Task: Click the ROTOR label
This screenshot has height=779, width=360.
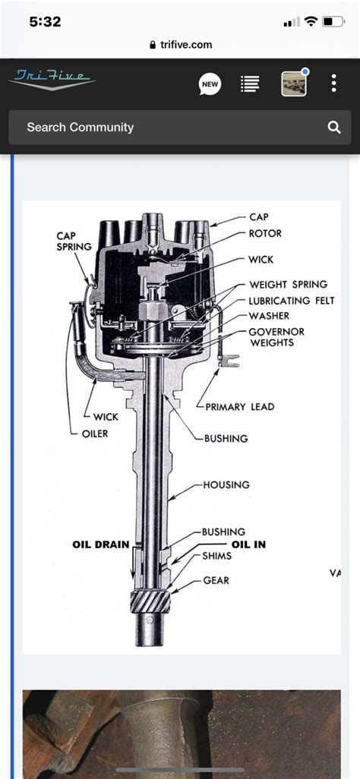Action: [x=265, y=234]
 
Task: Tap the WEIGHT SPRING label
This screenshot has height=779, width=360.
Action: [x=289, y=285]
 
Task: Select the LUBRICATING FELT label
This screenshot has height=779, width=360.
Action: [x=292, y=301]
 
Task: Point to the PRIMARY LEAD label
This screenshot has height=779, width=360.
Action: [x=240, y=407]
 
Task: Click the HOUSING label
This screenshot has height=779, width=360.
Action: [x=226, y=484]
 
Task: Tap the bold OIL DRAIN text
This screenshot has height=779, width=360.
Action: [x=101, y=544]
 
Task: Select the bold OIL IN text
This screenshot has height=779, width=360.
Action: [x=248, y=544]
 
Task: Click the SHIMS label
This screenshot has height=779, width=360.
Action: [x=216, y=556]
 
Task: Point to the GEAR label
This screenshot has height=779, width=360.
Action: [x=216, y=580]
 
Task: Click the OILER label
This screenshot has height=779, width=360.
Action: [x=95, y=434]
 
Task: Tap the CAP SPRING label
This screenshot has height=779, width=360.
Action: [x=74, y=241]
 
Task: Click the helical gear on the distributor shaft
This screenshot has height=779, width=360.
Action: [x=150, y=603]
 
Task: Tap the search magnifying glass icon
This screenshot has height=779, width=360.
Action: [x=334, y=128]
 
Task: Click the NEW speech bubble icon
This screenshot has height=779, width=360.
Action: [x=210, y=84]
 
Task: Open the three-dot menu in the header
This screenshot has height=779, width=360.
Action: [x=333, y=83]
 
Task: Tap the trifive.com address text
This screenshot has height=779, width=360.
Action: [x=186, y=45]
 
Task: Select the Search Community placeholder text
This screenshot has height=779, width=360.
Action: [x=80, y=128]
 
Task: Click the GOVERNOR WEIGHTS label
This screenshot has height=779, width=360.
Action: [x=277, y=337]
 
